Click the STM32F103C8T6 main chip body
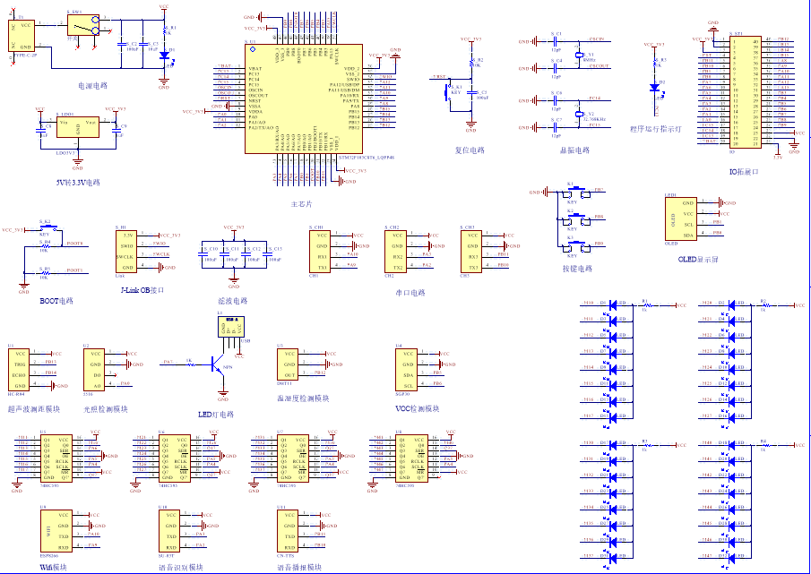(x=304, y=99)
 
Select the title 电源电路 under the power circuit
(x=92, y=86)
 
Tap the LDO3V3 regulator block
(x=77, y=129)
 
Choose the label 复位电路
(x=470, y=150)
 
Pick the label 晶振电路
(x=574, y=150)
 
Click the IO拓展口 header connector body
(x=743, y=92)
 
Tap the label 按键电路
(x=576, y=268)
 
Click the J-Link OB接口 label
(x=142, y=289)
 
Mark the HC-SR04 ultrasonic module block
(x=22, y=368)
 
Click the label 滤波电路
(x=232, y=301)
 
